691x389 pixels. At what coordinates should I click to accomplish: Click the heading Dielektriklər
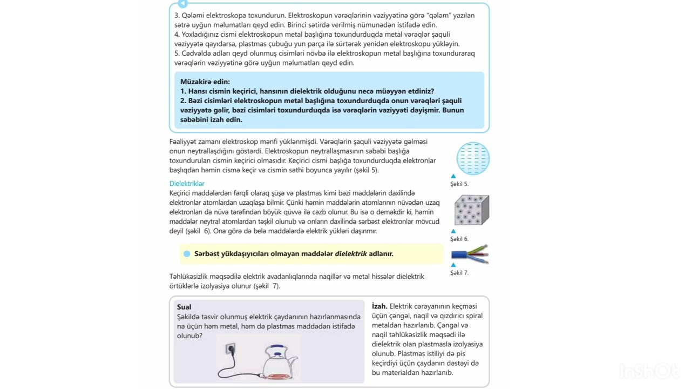(187, 184)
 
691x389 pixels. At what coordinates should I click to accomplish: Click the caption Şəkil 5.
(459, 184)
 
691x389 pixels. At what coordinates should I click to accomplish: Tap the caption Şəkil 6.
(459, 239)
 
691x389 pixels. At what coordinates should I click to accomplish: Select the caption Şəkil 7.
(459, 273)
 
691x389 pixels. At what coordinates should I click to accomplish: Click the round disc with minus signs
(473, 158)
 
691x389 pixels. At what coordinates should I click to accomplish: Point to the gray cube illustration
(471, 210)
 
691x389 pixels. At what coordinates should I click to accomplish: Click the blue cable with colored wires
(470, 254)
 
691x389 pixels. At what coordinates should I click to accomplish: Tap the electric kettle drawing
(279, 362)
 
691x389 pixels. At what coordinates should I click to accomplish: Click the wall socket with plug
(231, 350)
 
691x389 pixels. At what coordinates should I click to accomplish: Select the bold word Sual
(184, 307)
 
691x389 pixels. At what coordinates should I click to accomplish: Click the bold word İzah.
(380, 306)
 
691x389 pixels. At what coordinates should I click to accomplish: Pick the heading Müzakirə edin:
(205, 82)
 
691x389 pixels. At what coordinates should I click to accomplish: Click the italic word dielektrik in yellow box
(350, 254)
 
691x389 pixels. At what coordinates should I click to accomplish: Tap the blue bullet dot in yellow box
(187, 254)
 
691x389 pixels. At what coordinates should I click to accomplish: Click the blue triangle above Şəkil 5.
(453, 176)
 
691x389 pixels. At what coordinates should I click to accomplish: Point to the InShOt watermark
(649, 372)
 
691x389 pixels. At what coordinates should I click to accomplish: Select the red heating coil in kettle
(278, 374)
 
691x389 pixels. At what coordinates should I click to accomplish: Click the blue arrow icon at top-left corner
(182, 4)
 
